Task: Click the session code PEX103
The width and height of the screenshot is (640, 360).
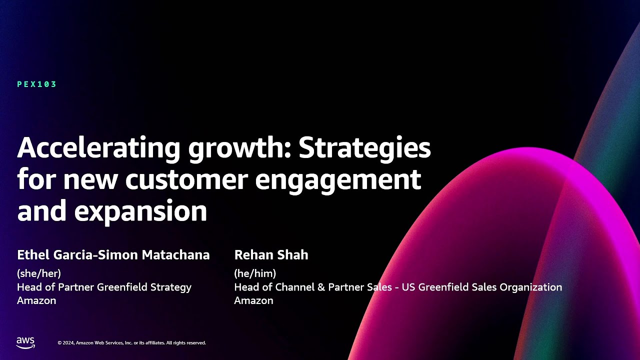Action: [x=37, y=84]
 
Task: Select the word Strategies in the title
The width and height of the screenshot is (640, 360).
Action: [x=364, y=148]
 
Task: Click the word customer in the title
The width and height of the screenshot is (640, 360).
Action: [x=186, y=179]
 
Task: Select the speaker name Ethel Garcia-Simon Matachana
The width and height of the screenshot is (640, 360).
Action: [x=113, y=255]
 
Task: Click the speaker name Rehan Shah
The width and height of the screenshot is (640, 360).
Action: [x=271, y=255]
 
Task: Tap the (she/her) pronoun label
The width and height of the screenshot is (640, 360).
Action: [x=39, y=273]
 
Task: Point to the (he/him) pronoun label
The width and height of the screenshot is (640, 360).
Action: [x=255, y=273]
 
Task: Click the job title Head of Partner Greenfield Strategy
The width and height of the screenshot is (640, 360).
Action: [x=104, y=287]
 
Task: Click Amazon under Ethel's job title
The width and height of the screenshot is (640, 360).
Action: [x=36, y=300]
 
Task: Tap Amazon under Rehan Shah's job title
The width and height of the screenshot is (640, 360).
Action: [x=253, y=300]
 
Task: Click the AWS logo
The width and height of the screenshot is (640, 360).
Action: [x=25, y=342]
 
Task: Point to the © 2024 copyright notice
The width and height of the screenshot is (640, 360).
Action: [x=131, y=343]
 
